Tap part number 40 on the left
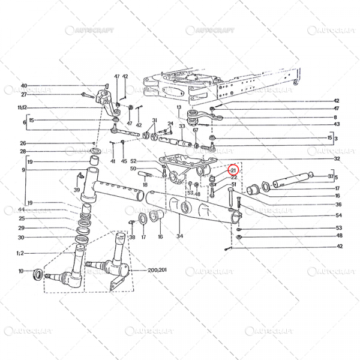(x=24, y=86)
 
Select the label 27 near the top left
(x=24, y=94)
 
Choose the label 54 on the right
(x=338, y=215)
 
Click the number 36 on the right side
(x=338, y=205)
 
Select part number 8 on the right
(x=336, y=117)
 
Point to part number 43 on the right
(x=337, y=124)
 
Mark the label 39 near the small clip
(x=76, y=190)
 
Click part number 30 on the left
(x=22, y=237)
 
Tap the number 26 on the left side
(x=22, y=143)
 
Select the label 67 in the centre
(x=195, y=130)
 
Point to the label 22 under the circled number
(x=234, y=178)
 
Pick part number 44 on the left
(x=22, y=209)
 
